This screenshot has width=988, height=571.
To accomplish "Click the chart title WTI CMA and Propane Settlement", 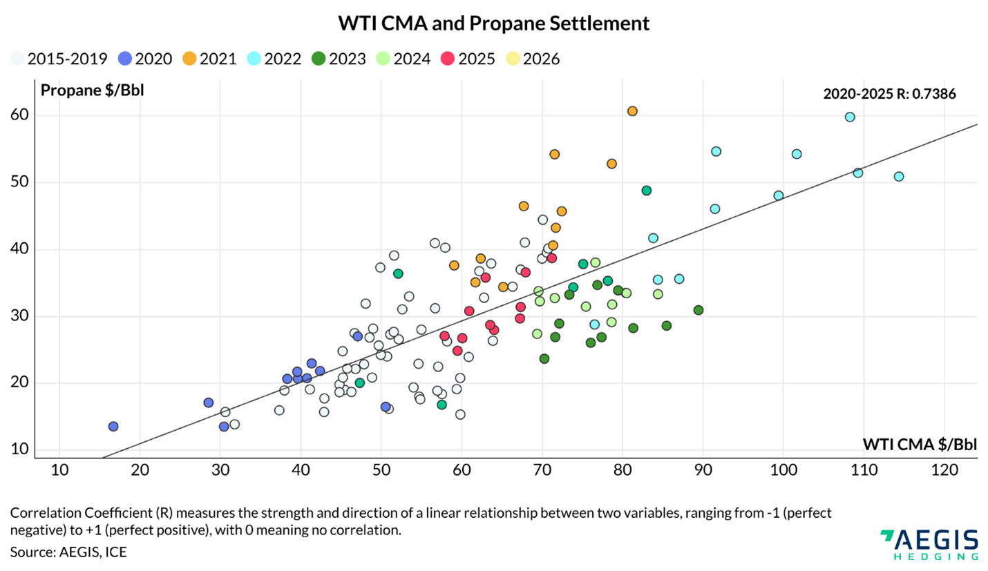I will pos(493,23).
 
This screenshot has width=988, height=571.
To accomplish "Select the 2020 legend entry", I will pos(145,59).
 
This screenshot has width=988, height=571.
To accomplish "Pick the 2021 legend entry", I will pos(210,59).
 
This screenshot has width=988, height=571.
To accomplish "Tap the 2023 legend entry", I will pos(339,59).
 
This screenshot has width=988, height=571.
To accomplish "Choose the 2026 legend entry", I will pos(533,59).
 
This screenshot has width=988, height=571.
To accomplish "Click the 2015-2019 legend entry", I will pos(59,59).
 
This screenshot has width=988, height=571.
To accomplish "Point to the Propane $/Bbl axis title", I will pos(92,90).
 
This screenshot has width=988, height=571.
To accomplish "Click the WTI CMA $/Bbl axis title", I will pos(920,443).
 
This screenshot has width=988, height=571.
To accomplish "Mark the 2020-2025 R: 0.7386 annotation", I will pos(889,95).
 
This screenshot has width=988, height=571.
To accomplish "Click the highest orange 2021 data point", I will pos(632,111).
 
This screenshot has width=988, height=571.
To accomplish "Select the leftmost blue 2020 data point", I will pos(113,427).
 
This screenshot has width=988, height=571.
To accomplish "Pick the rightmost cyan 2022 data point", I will pos(898,177).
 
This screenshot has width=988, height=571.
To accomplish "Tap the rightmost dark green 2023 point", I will pos(699,310).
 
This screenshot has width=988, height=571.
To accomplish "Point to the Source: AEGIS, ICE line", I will pos(68,552).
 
